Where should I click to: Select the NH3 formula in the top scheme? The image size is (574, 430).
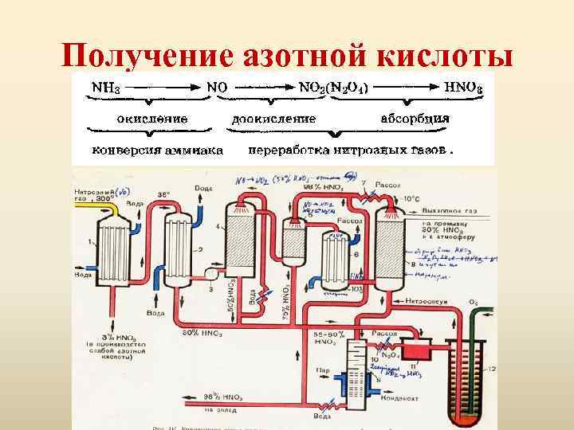(x=106, y=84)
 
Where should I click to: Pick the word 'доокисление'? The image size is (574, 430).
(x=273, y=118)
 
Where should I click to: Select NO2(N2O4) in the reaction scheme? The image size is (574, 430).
(x=333, y=84)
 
